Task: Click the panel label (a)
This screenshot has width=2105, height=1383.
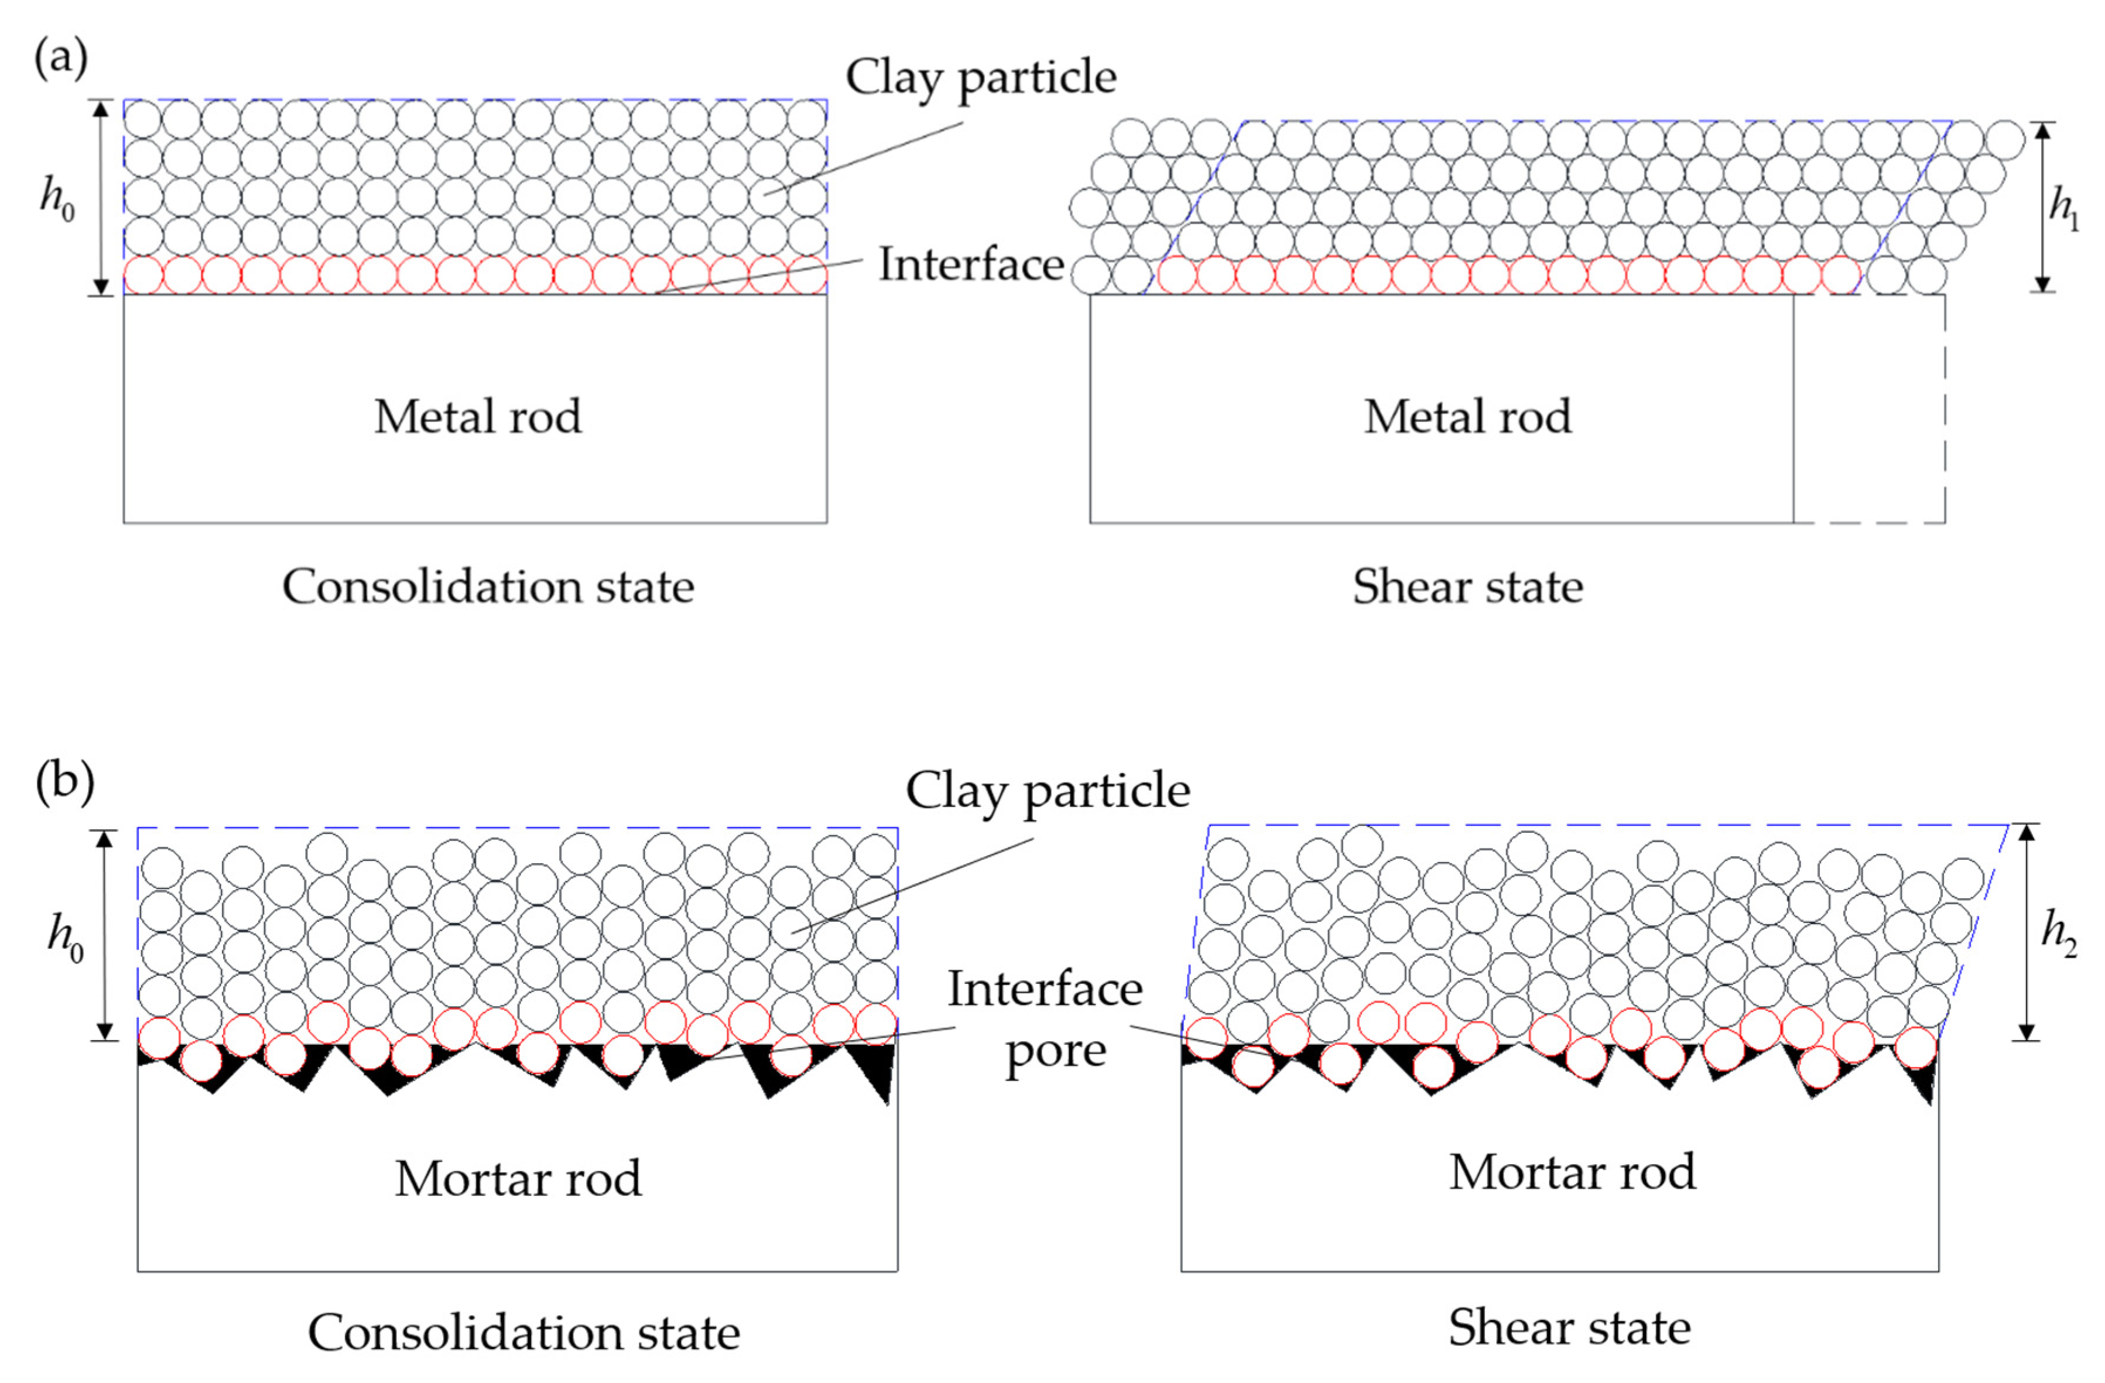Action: pyautogui.click(x=60, y=59)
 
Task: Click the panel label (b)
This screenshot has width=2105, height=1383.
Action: pyautogui.click(x=64, y=784)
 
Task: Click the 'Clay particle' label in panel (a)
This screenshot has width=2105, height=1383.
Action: pyautogui.click(x=980, y=78)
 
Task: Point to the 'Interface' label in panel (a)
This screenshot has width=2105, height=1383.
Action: pyautogui.click(x=970, y=265)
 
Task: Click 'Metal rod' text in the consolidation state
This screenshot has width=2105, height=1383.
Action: pyautogui.click(x=478, y=417)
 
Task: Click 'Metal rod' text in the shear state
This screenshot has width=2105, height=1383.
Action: pyautogui.click(x=1467, y=417)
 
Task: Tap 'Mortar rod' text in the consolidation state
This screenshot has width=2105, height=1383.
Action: pyautogui.click(x=518, y=1178)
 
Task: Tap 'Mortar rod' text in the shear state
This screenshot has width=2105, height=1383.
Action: pyautogui.click(x=1572, y=1172)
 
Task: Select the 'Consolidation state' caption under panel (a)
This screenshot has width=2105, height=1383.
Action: pyautogui.click(x=488, y=586)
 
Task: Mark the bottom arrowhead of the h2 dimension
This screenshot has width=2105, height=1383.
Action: pyautogui.click(x=2027, y=1031)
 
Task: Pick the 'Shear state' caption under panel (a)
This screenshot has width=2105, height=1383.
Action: pyautogui.click(x=1467, y=586)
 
